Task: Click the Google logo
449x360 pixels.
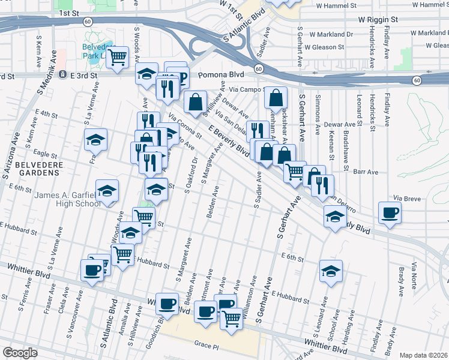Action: pyautogui.click(x=20, y=353)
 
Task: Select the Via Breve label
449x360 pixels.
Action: pyautogui.click(x=406, y=197)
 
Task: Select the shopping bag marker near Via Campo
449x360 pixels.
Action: pyautogui.click(x=276, y=97)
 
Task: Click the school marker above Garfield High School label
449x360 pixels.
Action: pyautogui.click(x=107, y=191)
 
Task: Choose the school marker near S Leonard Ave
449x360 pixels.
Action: pyautogui.click(x=331, y=270)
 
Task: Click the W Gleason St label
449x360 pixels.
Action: pyautogui.click(x=324, y=47)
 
